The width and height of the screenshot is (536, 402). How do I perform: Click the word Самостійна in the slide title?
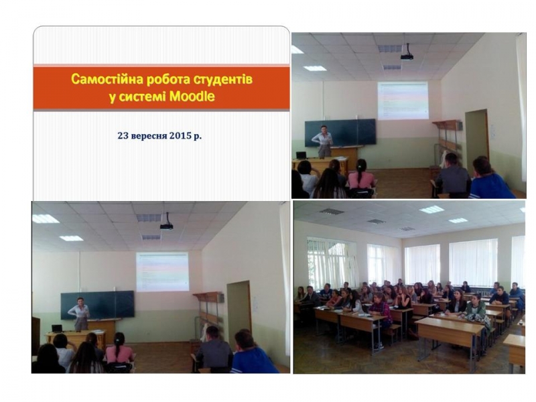pyautogui.click(x=107, y=80)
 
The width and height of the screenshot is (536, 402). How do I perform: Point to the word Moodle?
pyautogui.click(x=192, y=96)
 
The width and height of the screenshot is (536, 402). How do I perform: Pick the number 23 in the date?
pyautogui.click(x=123, y=136)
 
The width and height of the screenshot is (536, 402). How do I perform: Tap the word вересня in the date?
pyautogui.click(x=148, y=136)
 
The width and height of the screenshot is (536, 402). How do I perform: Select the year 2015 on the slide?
pyautogui.click(x=180, y=136)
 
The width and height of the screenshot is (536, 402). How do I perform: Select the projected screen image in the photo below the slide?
pyautogui.click(x=162, y=272)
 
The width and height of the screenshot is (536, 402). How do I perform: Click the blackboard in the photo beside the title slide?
pyautogui.click(x=340, y=133)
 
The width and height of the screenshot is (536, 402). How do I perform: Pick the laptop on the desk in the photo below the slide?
pyautogui.click(x=57, y=328)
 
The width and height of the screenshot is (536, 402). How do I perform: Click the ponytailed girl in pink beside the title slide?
pyautogui.click(x=360, y=178)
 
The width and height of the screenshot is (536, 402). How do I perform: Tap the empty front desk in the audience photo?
pyautogui.click(x=450, y=328)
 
